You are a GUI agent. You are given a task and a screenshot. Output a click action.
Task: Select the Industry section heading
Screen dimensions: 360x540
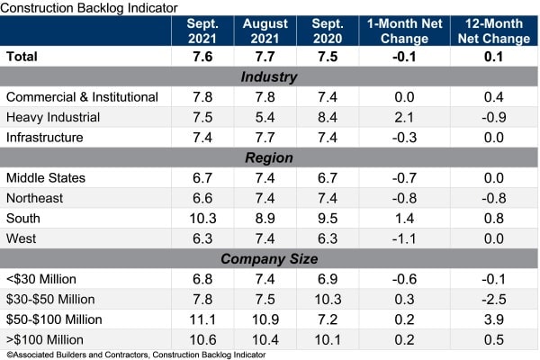(269, 76)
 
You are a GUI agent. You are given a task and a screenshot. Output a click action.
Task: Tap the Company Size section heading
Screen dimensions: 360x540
(269, 258)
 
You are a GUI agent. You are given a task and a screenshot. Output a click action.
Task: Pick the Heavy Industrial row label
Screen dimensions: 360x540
(54, 117)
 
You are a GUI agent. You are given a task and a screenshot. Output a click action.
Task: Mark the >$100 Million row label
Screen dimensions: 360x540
(45, 339)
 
